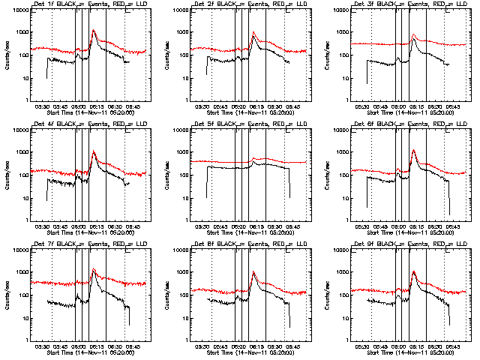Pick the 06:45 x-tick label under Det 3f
(x=453, y=106)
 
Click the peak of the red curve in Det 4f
(x=94, y=151)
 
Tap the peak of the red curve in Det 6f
(x=414, y=150)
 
